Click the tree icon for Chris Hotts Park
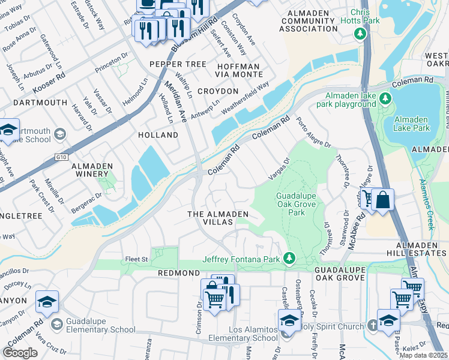click(x=360, y=34)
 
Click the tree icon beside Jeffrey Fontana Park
click(x=289, y=258)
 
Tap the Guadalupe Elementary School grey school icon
click(x=56, y=325)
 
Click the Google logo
click(x=20, y=352)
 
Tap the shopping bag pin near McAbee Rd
click(x=382, y=200)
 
